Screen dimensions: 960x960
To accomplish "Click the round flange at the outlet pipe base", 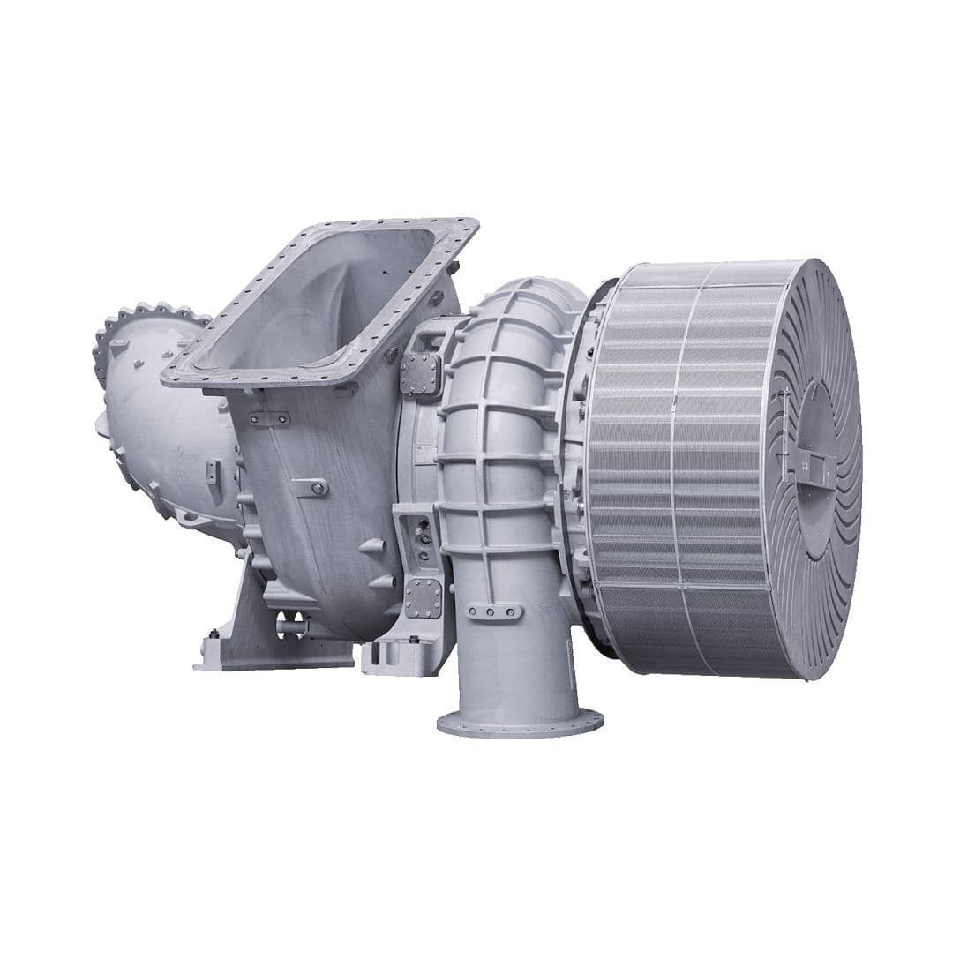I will pyautogui.click(x=521, y=724).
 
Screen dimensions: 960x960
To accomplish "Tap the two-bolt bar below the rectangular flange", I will pyautogui.click(x=269, y=418).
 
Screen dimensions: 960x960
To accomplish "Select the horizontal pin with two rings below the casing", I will pyautogui.click(x=291, y=625).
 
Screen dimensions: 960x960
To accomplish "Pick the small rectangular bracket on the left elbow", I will pyautogui.click(x=214, y=470).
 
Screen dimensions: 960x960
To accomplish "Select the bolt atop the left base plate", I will pyautogui.click(x=213, y=634).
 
